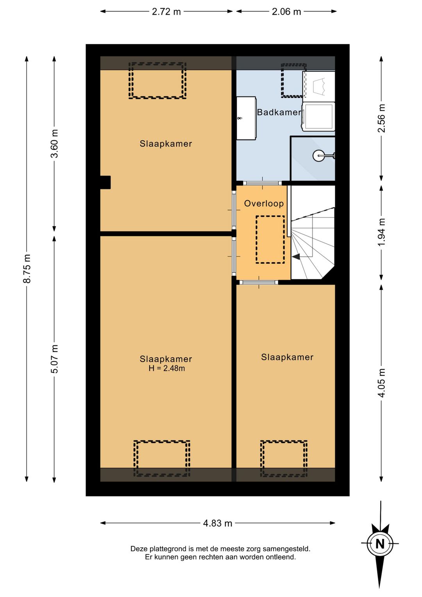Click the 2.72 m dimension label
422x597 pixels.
point(166,12)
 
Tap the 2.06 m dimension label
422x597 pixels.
point(286,12)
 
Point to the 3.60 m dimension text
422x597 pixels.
point(54,144)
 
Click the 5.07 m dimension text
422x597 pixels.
point(54,359)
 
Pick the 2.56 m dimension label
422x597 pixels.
point(381,118)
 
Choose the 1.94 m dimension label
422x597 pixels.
point(381,232)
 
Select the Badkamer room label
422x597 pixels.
point(279,112)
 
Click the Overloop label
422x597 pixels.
point(264,203)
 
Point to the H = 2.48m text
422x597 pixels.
point(167,368)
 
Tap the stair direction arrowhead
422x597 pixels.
point(296,257)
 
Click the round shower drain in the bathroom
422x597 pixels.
point(318,156)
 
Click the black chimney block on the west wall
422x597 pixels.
point(105,183)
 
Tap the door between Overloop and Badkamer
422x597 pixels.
point(263,183)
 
